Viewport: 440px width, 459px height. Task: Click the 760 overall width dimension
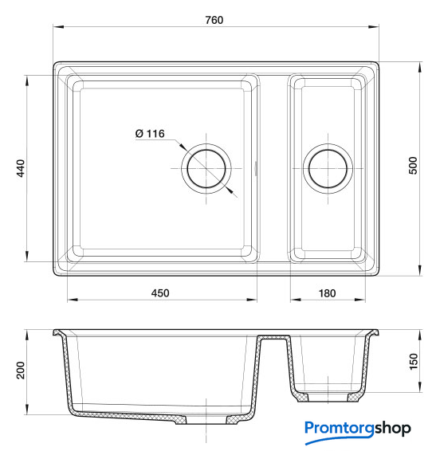click(214, 20)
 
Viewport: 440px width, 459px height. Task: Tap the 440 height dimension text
click(21, 168)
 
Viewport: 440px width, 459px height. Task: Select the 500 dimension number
click(413, 166)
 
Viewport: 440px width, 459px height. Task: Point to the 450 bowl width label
click(160, 293)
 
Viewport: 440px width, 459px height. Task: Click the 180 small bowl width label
click(327, 293)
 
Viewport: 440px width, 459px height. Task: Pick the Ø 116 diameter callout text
click(150, 134)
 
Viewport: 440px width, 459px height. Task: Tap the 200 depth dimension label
click(21, 371)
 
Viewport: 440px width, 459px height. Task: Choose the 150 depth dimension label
click(414, 362)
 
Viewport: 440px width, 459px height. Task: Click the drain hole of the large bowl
click(206, 169)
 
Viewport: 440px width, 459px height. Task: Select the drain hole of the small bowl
click(328, 169)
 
